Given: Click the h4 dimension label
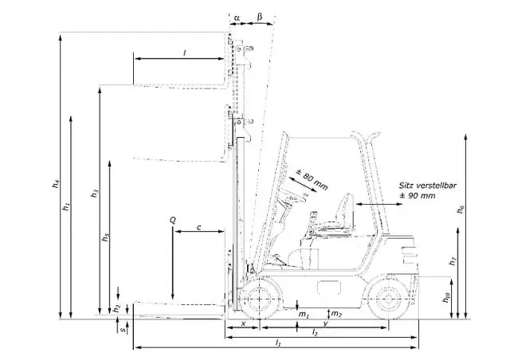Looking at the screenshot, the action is (x=57, y=184).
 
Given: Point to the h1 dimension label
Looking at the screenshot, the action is (x=66, y=206).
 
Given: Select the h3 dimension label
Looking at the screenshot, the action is (x=95, y=194).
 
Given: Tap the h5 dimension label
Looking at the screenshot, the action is (x=105, y=238).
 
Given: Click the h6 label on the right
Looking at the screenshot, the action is (x=461, y=209).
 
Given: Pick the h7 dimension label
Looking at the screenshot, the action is (x=453, y=260).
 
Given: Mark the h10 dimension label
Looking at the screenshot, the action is (x=446, y=298).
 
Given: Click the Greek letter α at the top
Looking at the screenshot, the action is (x=237, y=18).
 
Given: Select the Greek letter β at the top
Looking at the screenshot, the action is (x=259, y=17).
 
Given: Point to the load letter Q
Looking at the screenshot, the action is (x=173, y=221).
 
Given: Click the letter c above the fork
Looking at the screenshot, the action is (x=198, y=227).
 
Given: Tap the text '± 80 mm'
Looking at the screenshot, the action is (x=312, y=179).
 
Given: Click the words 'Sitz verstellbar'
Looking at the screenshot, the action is (x=427, y=186).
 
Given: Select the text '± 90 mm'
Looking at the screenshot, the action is (x=418, y=196).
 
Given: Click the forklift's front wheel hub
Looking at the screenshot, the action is (x=259, y=299).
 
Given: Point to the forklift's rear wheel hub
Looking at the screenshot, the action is (x=388, y=299).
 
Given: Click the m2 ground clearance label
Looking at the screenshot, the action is (x=336, y=314).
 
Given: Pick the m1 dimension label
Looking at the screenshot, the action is (x=304, y=315).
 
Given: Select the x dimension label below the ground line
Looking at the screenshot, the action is (x=243, y=323).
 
